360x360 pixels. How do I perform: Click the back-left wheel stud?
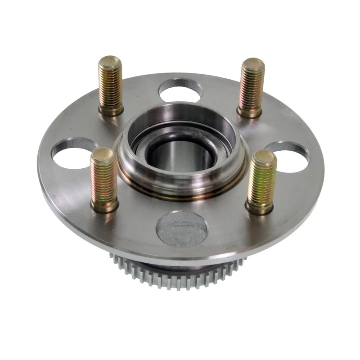pyautogui.click(x=110, y=85)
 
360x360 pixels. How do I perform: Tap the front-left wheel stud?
pyautogui.click(x=103, y=180)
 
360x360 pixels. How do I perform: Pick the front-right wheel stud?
pyautogui.click(x=261, y=182)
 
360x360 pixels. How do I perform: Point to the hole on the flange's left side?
pyautogui.click(x=72, y=153)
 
